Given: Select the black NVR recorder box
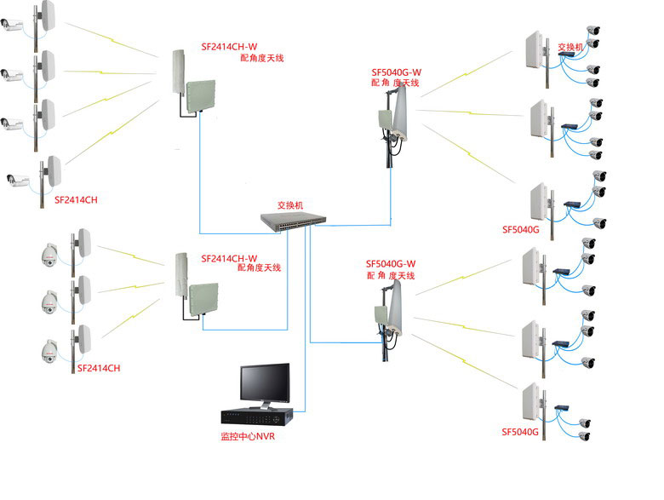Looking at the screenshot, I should [257, 417].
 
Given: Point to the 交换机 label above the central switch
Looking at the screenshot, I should [289, 206].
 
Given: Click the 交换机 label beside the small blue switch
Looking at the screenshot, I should [570, 47].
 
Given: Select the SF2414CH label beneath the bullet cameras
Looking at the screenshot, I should [76, 199].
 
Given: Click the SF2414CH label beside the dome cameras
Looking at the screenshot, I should [99, 368].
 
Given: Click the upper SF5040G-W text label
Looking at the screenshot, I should [398, 73].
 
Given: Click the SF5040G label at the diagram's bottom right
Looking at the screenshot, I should [521, 433].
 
